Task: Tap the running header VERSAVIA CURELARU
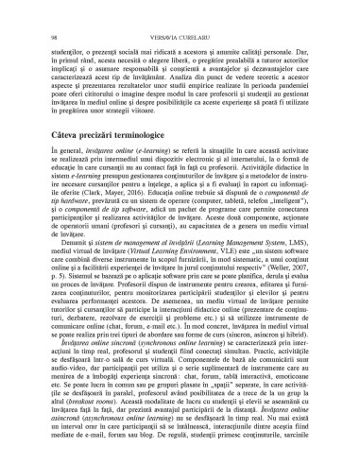180,12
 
